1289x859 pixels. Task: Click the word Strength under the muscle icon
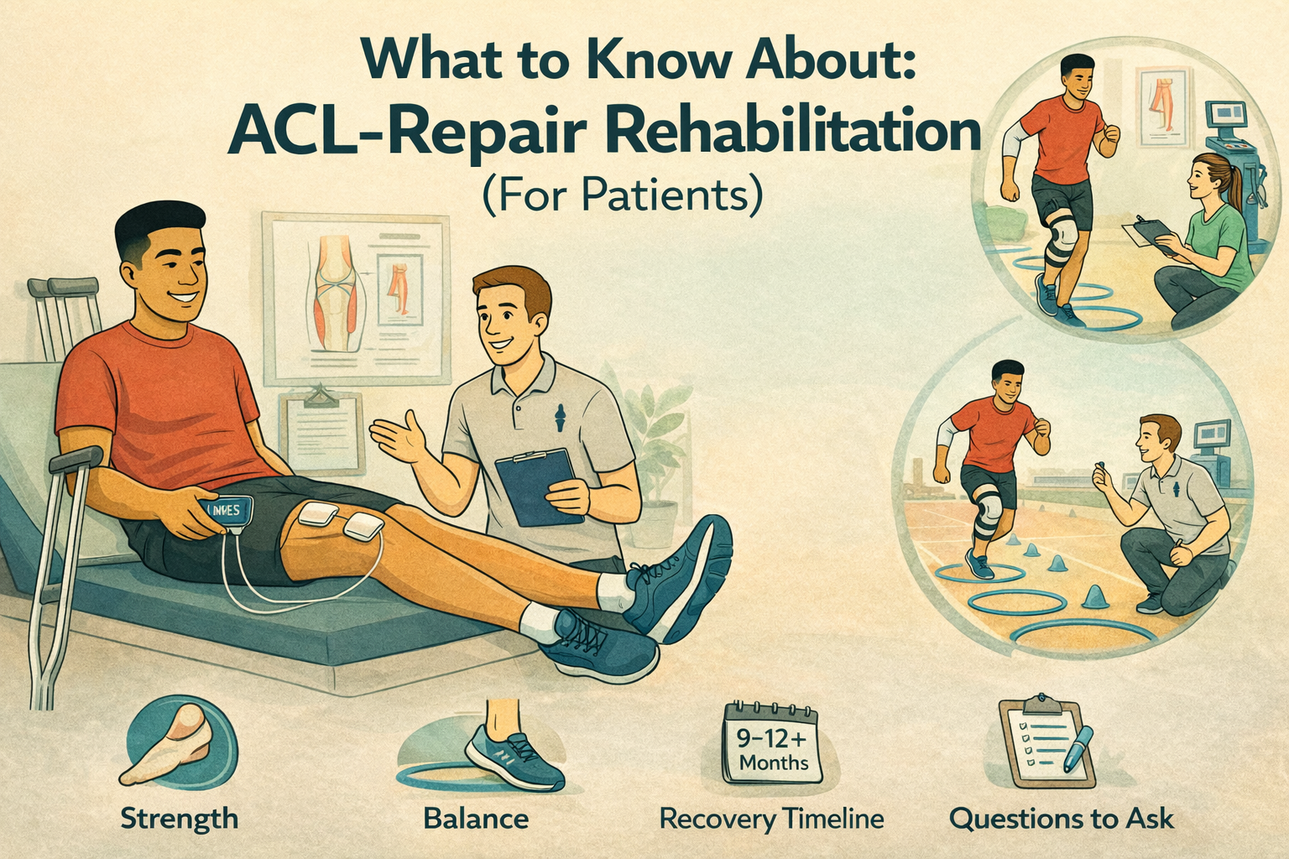click(x=179, y=818)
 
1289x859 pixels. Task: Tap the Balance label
click(x=476, y=818)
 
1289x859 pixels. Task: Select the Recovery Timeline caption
click(x=771, y=818)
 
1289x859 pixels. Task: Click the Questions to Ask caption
click(x=1061, y=818)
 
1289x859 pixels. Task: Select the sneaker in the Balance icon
click(x=514, y=754)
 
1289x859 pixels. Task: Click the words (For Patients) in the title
click(x=622, y=195)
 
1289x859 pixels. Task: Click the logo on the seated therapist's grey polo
click(x=561, y=415)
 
